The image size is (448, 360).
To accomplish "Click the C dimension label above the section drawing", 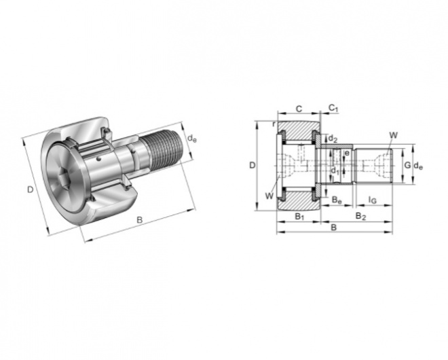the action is pyautogui.click(x=299, y=109).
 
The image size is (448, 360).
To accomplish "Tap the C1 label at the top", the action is pyautogui.click(x=333, y=108).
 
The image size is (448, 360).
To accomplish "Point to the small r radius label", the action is pyautogui.click(x=274, y=124).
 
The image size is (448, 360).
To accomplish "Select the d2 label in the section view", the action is pyautogui.click(x=333, y=139).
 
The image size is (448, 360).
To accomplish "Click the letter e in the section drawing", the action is pyautogui.click(x=347, y=154).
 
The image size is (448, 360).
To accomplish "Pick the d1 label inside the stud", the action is pyautogui.click(x=335, y=171).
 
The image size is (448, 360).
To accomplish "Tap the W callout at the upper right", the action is pyautogui.click(x=394, y=135).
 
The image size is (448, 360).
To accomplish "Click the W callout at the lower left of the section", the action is pyautogui.click(x=269, y=196).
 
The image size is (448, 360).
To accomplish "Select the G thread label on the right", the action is pyautogui.click(x=408, y=165).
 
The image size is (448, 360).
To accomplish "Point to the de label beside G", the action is pyautogui.click(x=418, y=166).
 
